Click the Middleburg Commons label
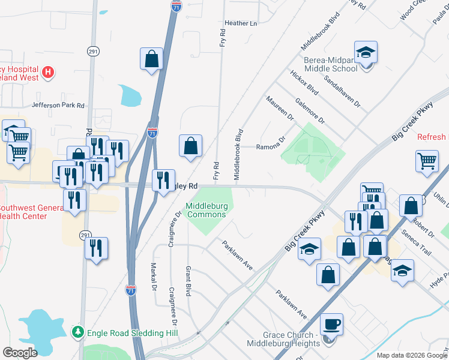(206, 210)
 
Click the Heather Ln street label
(240, 23)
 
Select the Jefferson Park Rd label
(58, 105)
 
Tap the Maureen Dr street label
(280, 107)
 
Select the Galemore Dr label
(313, 112)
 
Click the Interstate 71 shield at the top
(176, 6)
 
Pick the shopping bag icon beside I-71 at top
(152, 59)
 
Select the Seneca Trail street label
(417, 242)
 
